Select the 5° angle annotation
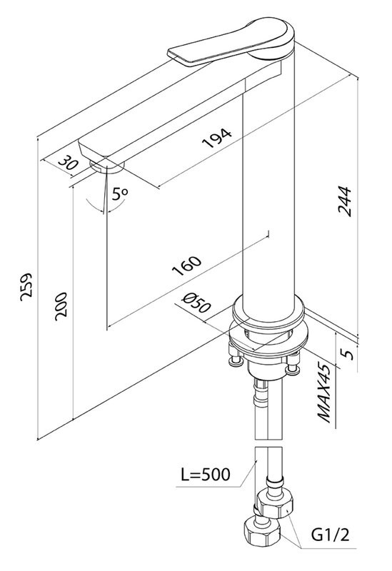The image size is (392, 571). click(119, 193)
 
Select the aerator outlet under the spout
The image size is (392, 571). click(109, 167)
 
